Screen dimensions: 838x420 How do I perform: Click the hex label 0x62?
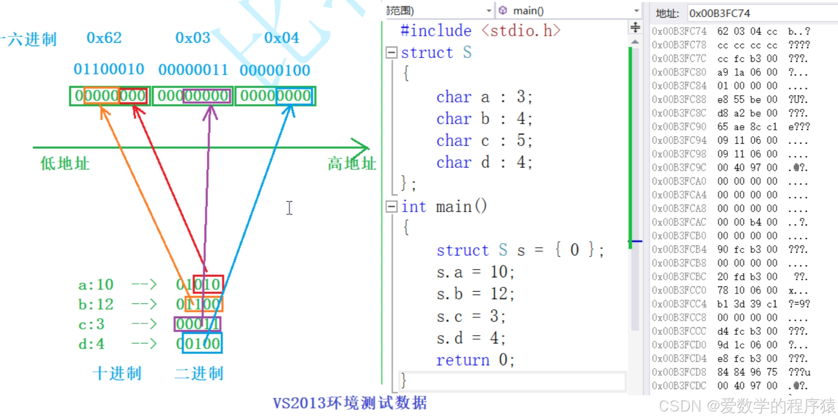pos(104,38)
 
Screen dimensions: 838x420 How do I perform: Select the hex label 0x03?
pos(193,38)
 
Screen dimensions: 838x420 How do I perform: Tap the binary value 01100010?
pos(108,69)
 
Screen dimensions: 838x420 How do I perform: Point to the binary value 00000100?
pos(275,70)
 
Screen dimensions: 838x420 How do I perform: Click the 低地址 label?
pos(65,164)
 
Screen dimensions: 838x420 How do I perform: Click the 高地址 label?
pos(351,164)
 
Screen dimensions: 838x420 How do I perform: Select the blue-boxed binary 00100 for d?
pos(202,343)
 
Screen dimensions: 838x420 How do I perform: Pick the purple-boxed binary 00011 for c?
pos(197,324)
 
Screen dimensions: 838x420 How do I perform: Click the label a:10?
pos(96,284)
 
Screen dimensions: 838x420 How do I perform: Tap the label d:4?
pos(91,343)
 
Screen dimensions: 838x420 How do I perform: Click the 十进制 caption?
pos(117,373)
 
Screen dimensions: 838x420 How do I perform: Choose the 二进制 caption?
pos(199,373)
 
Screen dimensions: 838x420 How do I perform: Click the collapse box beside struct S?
pos(392,52)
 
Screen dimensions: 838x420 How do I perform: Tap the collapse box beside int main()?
pos(392,206)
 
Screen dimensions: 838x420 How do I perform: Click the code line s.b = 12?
pos(475,294)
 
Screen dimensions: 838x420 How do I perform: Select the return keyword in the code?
pos(463,360)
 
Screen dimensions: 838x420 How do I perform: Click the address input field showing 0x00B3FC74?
pos(761,13)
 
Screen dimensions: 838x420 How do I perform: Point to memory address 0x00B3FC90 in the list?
pos(679,127)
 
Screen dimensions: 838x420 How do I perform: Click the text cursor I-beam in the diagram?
pos(289,208)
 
